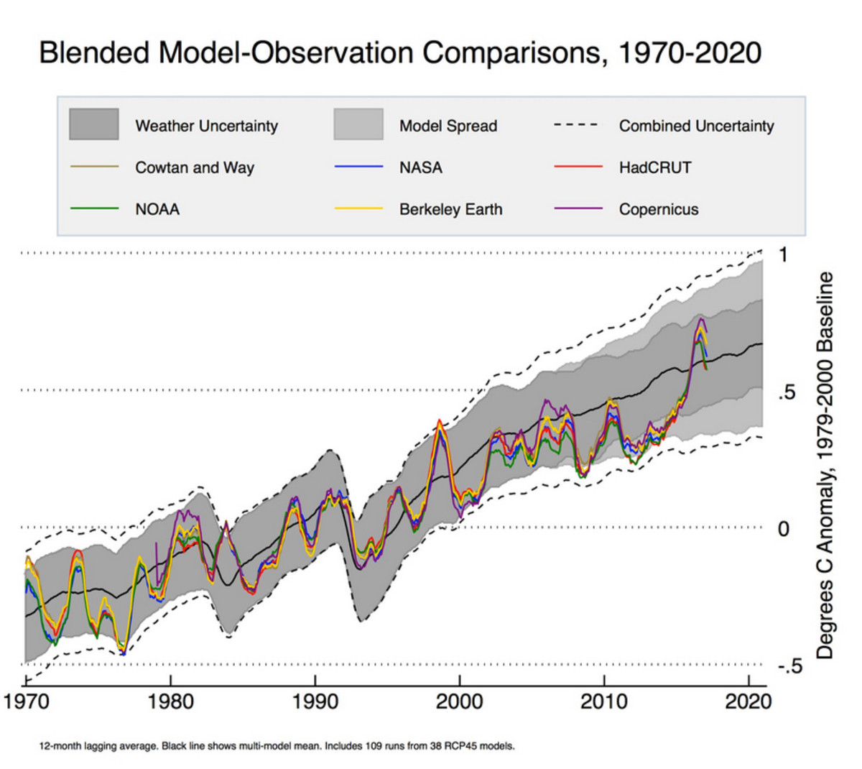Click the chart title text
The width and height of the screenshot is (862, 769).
pyautogui.click(x=399, y=53)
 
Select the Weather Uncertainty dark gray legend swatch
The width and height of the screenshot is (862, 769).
pyautogui.click(x=94, y=125)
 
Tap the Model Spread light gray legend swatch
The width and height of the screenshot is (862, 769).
pyautogui.click(x=358, y=125)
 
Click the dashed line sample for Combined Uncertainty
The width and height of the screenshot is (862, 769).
pyautogui.click(x=576, y=125)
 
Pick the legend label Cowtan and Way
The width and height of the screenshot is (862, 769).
pyautogui.click(x=195, y=167)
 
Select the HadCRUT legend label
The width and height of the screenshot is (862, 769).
pyautogui.click(x=654, y=167)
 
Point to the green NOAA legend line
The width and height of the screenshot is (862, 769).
pyautogui.click(x=94, y=208)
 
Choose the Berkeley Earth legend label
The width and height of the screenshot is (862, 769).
pyautogui.click(x=450, y=209)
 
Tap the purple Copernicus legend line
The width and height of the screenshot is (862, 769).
pyautogui.click(x=578, y=208)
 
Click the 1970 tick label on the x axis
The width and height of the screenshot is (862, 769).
pyautogui.click(x=27, y=701)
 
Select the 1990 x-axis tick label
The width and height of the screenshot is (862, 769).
pyautogui.click(x=315, y=701)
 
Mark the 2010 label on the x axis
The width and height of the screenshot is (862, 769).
pyautogui.click(x=604, y=701)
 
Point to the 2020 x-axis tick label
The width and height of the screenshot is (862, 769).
pyautogui.click(x=748, y=701)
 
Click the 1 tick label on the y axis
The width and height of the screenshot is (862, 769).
pyautogui.click(x=783, y=254)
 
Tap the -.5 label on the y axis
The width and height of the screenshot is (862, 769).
pyautogui.click(x=789, y=667)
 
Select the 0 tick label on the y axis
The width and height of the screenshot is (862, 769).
pyautogui.click(x=783, y=529)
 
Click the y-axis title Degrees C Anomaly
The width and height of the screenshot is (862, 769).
pyautogui.click(x=825, y=465)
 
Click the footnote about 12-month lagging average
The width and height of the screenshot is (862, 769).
pyautogui.click(x=277, y=746)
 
